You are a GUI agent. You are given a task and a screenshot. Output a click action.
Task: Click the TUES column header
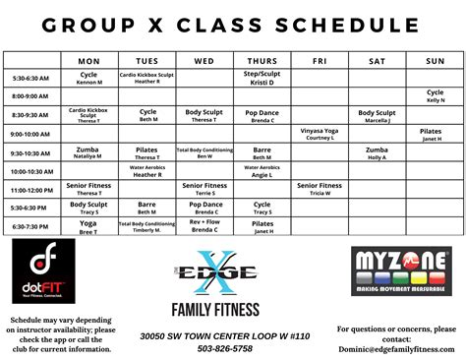pos(147,61)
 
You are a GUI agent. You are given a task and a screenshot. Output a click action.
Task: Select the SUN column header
pos(435,61)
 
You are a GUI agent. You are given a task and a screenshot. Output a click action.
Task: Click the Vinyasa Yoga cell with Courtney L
pos(320,134)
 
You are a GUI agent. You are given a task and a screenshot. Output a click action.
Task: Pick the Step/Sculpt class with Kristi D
pos(262,78)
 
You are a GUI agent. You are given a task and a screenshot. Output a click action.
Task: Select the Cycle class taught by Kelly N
pos(435,96)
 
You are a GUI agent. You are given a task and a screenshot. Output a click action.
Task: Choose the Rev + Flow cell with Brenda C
pos(204,225)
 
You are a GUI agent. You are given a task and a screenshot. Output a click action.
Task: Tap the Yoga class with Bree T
pos(89,225)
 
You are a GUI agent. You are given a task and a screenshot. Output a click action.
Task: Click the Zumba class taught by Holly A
pos(377,151)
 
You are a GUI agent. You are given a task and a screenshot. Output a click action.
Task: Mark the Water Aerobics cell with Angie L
pos(262,170)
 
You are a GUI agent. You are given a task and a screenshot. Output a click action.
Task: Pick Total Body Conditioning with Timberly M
pos(147,225)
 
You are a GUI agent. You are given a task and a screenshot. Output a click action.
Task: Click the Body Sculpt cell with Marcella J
pos(377,115)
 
